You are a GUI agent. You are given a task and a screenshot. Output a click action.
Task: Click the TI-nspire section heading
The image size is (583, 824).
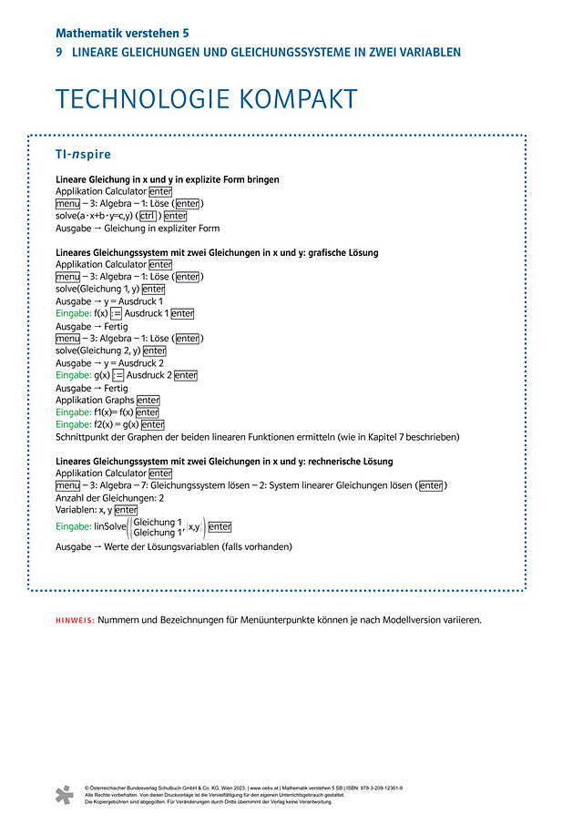[83, 154]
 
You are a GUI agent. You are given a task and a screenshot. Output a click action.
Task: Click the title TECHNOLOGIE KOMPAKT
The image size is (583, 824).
[206, 99]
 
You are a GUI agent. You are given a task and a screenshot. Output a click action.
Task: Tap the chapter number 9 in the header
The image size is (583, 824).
[59, 53]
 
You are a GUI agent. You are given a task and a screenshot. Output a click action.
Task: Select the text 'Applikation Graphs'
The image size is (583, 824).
[95, 400]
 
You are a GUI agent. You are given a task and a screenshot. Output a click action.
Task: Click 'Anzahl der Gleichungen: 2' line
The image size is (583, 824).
[109, 498]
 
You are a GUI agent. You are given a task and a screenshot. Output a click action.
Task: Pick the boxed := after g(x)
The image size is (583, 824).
[118, 375]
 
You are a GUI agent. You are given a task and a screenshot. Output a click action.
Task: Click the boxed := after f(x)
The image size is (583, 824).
[116, 313]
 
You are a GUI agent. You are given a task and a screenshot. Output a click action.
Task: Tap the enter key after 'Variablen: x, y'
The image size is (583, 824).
[126, 511]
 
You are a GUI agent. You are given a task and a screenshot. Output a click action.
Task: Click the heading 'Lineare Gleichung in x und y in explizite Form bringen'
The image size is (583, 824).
[168, 179]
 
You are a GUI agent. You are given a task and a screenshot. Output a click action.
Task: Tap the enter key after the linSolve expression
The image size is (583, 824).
[220, 526]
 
